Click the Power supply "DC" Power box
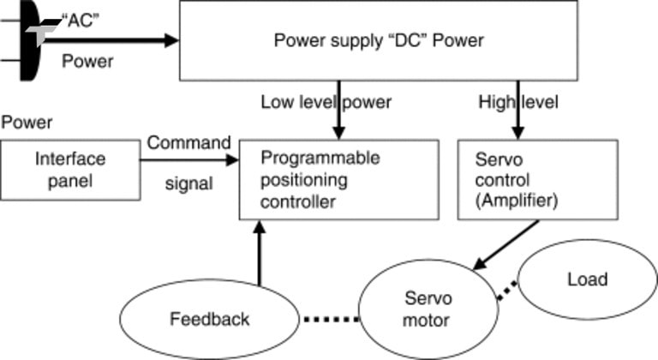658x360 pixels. pos(378,40)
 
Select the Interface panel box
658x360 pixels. pos(70,170)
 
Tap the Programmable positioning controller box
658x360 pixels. pos(338,179)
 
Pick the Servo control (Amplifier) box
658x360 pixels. pos(537,179)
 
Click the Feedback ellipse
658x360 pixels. pos(209,319)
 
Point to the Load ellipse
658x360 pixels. pos(587,279)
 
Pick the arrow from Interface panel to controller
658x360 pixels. pos(189,159)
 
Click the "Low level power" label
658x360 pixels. pos(326,102)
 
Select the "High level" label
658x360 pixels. pos(518,102)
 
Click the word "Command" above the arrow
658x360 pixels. pos(188,141)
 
